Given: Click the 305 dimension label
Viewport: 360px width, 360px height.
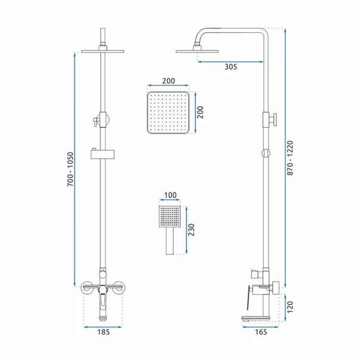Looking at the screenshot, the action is pyautogui.click(x=230, y=67).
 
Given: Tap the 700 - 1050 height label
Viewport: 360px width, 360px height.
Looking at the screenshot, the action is pyautogui.click(x=70, y=169).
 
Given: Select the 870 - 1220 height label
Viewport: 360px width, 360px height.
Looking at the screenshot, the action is pyautogui.click(x=290, y=158).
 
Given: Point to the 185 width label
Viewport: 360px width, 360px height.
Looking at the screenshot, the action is pyautogui.click(x=103, y=332).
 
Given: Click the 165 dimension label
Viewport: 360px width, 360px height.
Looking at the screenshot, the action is pyautogui.click(x=261, y=332).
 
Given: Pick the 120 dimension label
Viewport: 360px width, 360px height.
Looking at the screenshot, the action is pyautogui.click(x=290, y=307).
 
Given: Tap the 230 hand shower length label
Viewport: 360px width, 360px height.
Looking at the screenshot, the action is pyautogui.click(x=191, y=230).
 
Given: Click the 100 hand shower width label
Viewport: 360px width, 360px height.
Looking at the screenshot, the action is pyautogui.click(x=170, y=195).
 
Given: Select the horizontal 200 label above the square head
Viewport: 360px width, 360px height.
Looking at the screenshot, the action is pyautogui.click(x=168, y=81).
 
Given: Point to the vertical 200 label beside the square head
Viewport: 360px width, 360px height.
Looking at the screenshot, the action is pyautogui.click(x=200, y=112).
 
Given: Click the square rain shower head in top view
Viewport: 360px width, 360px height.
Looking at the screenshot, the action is pyautogui.click(x=168, y=112).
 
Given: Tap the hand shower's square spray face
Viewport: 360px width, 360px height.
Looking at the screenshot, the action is pyautogui.click(x=170, y=217).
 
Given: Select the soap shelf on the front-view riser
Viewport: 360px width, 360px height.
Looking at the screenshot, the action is pyautogui.click(x=103, y=153).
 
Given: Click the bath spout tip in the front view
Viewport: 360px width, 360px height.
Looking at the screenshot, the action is pyautogui.click(x=103, y=319).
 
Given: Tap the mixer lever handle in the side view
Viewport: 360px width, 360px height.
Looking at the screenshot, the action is pyautogui.click(x=248, y=297).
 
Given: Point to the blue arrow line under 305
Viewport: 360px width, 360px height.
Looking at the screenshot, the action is pyautogui.click(x=230, y=61).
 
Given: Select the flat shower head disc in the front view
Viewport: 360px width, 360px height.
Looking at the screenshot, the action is pyautogui.click(x=103, y=51).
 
